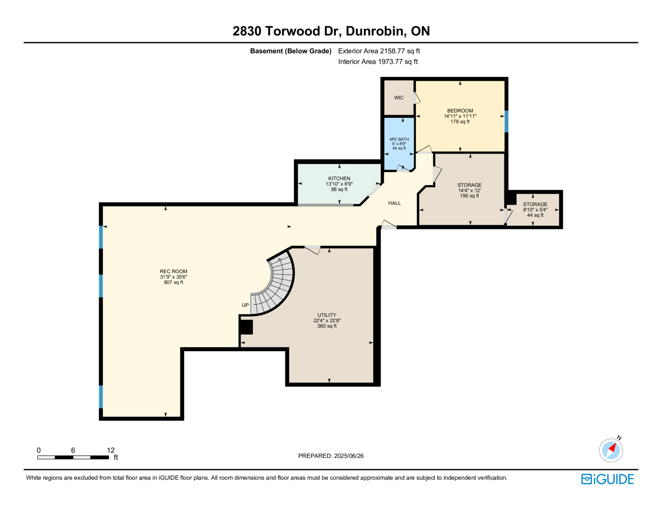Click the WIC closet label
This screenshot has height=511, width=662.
pyautogui.click(x=398, y=98)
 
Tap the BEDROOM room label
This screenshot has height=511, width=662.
pyautogui.click(x=460, y=111)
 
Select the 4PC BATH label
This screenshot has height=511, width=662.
pyautogui.click(x=399, y=139)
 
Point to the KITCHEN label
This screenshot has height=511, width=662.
pyautogui.click(x=339, y=178)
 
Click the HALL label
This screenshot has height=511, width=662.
pyautogui.click(x=394, y=203)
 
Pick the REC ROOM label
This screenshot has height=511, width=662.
pyautogui.click(x=173, y=272)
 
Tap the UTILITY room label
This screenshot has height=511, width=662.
pyautogui.click(x=326, y=315)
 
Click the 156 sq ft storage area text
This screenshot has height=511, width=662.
pyautogui.click(x=469, y=196)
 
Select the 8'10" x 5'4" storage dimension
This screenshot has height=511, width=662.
pyautogui.click(x=535, y=210)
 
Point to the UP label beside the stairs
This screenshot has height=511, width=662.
pyautogui.click(x=245, y=305)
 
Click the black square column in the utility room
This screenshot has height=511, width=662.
pyautogui.click(x=247, y=327)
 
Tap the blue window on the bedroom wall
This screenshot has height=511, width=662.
pyautogui.click(x=506, y=122)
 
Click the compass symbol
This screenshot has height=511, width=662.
pyautogui.click(x=611, y=450)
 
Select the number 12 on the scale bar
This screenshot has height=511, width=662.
pyautogui.click(x=110, y=450)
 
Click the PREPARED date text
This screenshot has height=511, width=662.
pyautogui.click(x=331, y=456)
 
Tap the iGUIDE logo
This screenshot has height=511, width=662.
pyautogui.click(x=607, y=479)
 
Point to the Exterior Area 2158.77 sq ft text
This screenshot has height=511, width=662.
pyautogui.click(x=379, y=51)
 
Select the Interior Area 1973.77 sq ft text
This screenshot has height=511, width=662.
pyautogui.click(x=378, y=62)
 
